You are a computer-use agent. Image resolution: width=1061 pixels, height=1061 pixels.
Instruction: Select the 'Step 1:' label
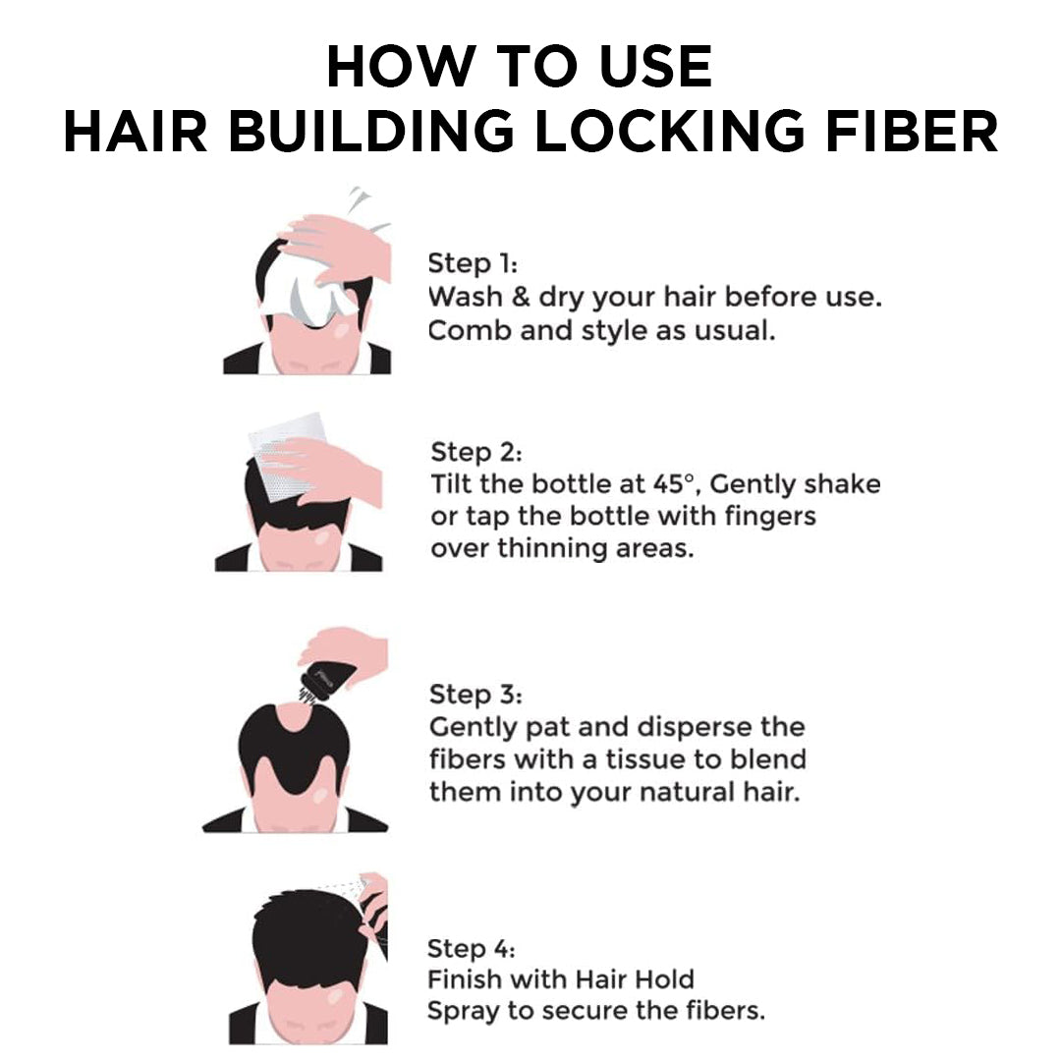pyautogui.click(x=473, y=264)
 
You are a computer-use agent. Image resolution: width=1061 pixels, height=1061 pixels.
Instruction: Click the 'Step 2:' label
pyautogui.click(x=476, y=453)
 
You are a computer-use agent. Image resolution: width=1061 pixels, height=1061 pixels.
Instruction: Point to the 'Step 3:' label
pyautogui.click(x=475, y=695)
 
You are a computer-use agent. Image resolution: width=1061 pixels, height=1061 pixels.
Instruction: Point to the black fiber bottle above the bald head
pyautogui.click(x=323, y=679)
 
